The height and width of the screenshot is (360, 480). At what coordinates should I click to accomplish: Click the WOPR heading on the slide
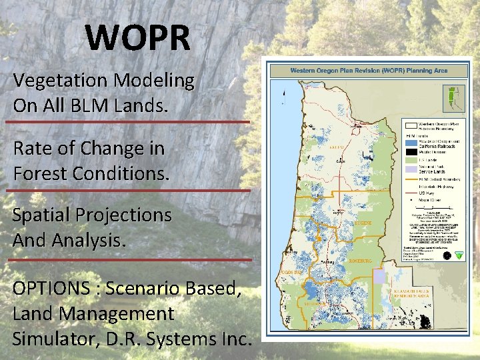pos(137,38)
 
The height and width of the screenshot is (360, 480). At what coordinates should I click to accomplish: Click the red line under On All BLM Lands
pos(127,122)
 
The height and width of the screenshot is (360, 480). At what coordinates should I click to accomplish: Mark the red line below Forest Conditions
pos(127,190)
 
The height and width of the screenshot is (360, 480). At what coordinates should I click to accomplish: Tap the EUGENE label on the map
pos(365,223)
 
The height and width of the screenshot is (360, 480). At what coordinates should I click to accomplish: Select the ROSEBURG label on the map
pos(360,261)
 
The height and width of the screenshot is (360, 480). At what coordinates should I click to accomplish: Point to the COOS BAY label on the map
pos(291,273)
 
